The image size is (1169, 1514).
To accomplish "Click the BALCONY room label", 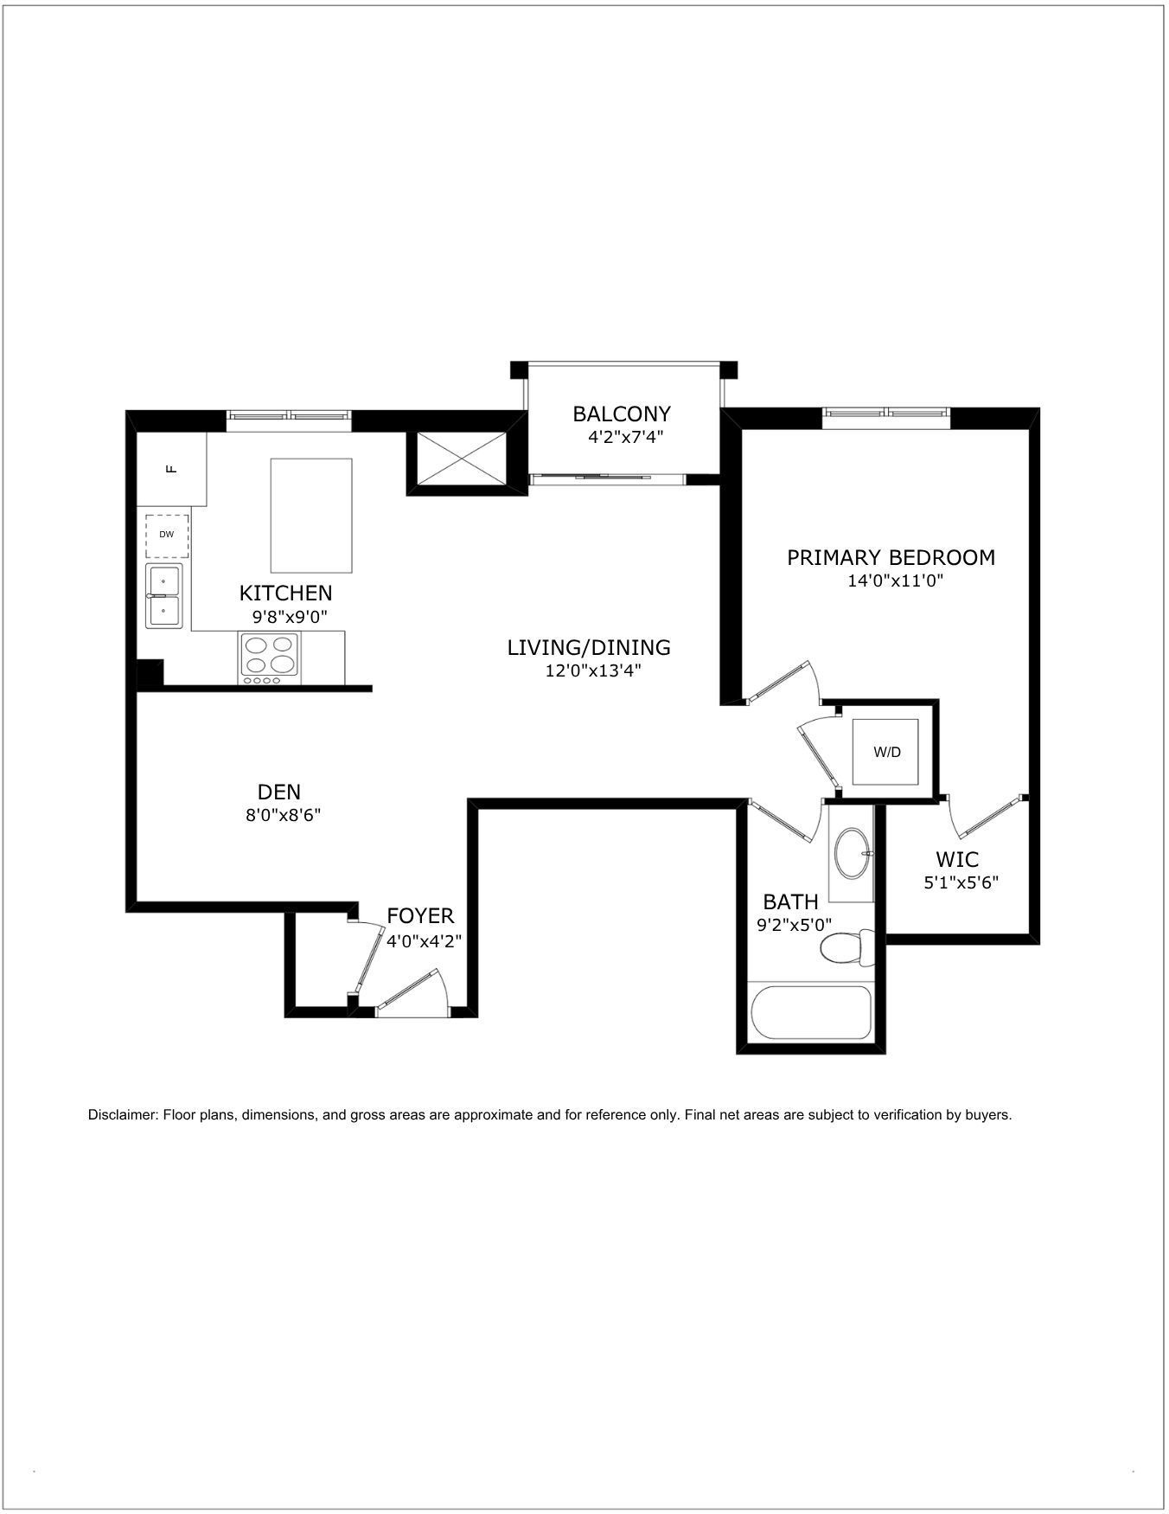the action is (x=622, y=414).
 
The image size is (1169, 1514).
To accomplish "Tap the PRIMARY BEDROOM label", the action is (x=891, y=557).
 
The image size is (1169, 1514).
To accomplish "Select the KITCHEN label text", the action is (x=285, y=593).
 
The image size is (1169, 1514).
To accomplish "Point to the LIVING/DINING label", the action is (x=589, y=647).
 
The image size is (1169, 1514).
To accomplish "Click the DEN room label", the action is (x=279, y=792).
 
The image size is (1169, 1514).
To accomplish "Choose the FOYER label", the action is (x=420, y=915).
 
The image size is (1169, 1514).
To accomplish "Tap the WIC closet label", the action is (x=957, y=860).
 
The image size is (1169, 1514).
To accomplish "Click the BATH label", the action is (x=790, y=901).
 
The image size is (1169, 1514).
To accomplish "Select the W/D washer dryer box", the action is (x=886, y=752).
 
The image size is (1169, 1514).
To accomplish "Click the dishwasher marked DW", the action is (x=167, y=535).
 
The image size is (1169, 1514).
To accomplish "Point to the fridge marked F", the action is (x=172, y=469).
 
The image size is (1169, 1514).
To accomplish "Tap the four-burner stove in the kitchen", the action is (x=271, y=658).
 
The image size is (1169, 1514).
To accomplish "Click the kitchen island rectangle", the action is (x=311, y=516).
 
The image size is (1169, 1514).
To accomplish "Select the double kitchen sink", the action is (x=163, y=596).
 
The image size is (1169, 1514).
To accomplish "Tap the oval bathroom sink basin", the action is (x=853, y=854).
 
